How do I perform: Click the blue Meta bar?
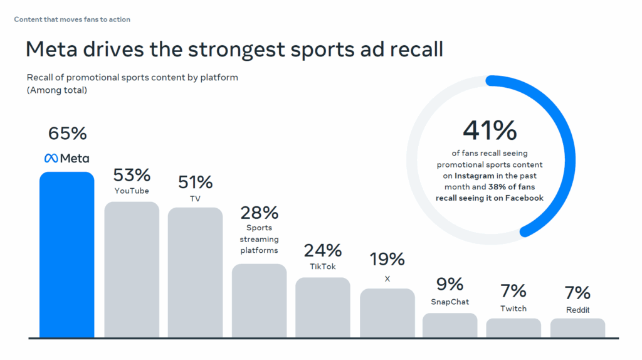(x=66, y=254)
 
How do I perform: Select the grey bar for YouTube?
(x=131, y=269)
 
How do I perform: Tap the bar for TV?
(x=195, y=272)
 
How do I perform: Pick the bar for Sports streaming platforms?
(x=259, y=300)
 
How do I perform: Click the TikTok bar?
(x=323, y=307)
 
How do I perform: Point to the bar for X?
(x=387, y=313)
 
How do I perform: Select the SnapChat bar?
(x=450, y=325)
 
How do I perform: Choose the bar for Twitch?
(x=513, y=328)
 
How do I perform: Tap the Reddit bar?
(x=577, y=328)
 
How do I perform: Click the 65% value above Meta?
(x=67, y=134)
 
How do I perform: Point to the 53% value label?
(x=132, y=174)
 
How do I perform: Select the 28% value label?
(x=259, y=213)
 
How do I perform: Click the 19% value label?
(x=387, y=259)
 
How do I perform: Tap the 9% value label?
(x=450, y=284)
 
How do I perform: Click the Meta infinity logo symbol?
(x=51, y=158)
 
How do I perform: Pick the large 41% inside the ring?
(x=490, y=130)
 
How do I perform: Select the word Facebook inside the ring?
(x=524, y=198)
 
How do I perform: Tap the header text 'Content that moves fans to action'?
(x=72, y=19)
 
